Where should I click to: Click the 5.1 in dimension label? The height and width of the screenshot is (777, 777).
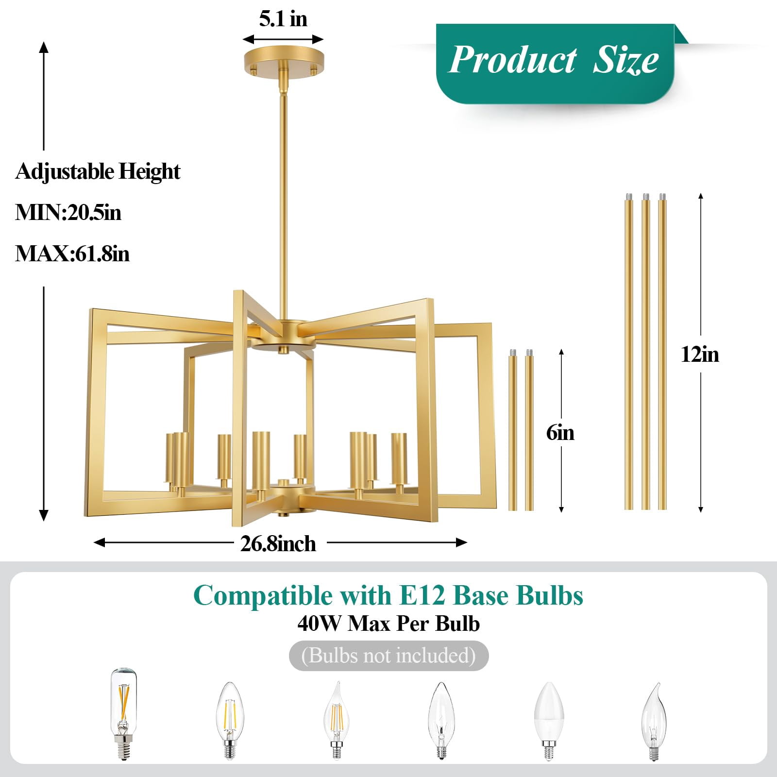(x=283, y=19)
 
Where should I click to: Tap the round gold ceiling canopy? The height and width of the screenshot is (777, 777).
(x=283, y=60)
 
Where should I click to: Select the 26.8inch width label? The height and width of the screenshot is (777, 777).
(x=278, y=543)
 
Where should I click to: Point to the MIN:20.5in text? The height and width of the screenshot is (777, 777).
(x=68, y=212)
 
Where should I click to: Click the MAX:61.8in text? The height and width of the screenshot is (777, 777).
(x=72, y=253)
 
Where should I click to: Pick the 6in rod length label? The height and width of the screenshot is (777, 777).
(x=560, y=432)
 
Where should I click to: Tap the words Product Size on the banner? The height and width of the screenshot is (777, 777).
(x=553, y=60)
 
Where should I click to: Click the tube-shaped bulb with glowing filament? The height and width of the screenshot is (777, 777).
(x=124, y=713)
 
